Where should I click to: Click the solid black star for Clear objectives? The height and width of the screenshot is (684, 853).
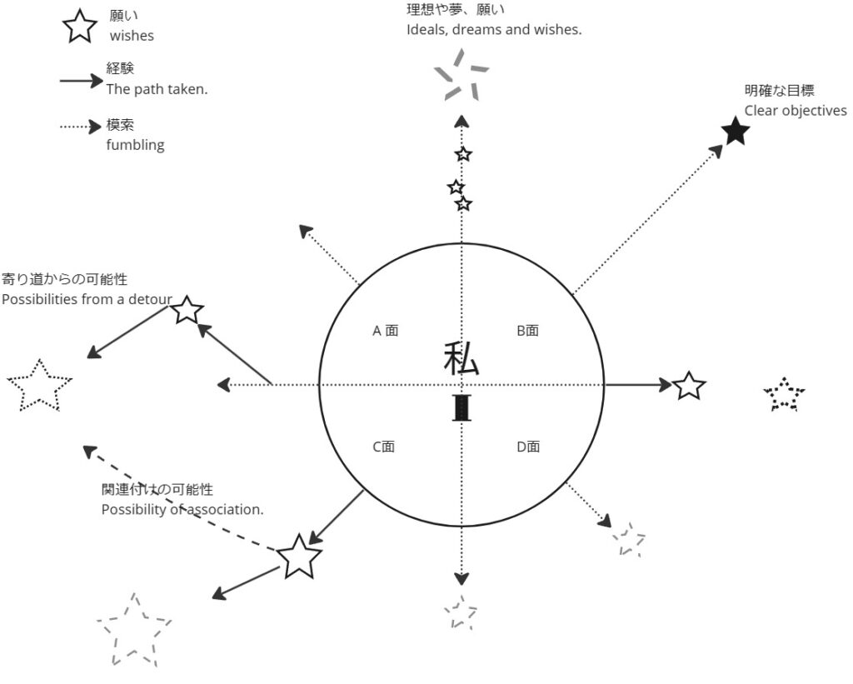coord(736,131)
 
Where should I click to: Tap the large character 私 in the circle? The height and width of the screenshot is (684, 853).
coord(461,359)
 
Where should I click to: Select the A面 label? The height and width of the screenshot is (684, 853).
coord(385,331)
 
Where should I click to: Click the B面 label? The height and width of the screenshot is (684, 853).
coord(527,331)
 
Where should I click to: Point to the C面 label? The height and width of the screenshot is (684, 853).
coord(383,447)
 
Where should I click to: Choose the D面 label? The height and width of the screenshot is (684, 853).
coord(528,447)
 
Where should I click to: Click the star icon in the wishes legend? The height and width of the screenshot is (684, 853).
coord(79,26)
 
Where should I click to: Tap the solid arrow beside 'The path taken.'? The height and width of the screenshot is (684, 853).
coord(80,81)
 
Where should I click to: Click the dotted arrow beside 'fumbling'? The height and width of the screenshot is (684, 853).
coord(80,127)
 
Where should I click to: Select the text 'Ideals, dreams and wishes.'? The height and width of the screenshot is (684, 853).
coord(493,29)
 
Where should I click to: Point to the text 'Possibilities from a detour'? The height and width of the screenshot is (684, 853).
coord(87,299)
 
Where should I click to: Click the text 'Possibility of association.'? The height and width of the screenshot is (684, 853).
coord(182,509)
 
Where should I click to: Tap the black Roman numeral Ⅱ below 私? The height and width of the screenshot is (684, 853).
coord(461,408)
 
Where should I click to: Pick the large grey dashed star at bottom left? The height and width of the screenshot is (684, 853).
coord(133,630)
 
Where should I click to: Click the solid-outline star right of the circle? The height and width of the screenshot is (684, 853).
coord(688,386)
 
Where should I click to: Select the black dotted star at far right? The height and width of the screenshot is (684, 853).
coord(785,395)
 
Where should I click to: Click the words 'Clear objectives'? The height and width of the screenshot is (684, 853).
coord(796,111)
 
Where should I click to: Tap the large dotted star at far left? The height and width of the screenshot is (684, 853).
coord(39,385)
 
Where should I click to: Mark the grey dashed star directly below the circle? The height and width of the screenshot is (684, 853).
coord(460,613)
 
